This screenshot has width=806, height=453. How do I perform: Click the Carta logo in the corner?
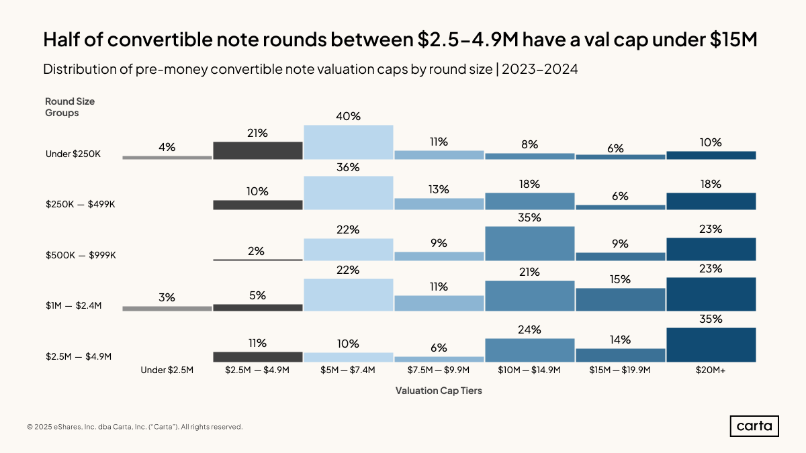pos(754,426)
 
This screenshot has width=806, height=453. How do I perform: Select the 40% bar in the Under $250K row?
pos(348,142)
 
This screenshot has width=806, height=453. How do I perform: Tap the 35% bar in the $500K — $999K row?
pos(529,244)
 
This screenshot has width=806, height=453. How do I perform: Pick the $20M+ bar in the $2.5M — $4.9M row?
pos(711,345)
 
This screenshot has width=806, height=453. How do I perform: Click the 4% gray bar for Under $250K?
pos(167,158)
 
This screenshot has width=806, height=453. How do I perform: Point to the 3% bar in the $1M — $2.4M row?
pos(167,309)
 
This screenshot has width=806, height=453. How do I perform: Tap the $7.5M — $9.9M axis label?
pos(439,370)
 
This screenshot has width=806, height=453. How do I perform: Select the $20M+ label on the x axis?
pos(711,370)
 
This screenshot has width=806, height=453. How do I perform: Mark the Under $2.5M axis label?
pos(167,370)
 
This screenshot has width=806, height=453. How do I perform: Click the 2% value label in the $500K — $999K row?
pos(257,251)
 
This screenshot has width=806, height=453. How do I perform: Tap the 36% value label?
pos(348,166)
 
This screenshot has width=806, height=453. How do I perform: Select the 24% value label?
pos(529,330)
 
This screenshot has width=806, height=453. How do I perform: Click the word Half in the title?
pos(64,40)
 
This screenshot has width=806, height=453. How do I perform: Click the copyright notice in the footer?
pos(135,427)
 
